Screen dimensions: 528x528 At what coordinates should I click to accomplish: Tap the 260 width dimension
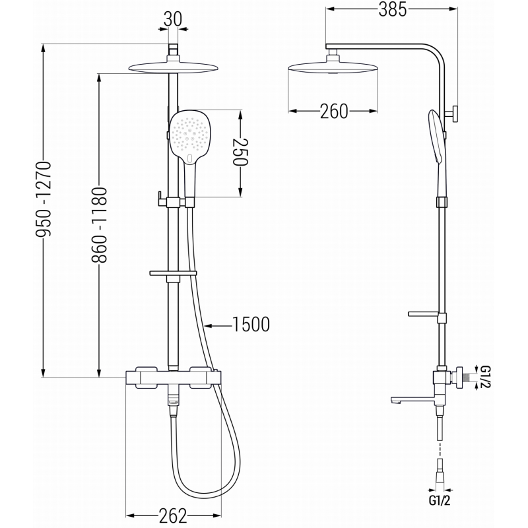click(x=334, y=112)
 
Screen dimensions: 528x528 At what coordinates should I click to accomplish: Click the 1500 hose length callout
click(x=251, y=324)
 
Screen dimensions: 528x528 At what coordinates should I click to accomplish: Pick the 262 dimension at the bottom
click(x=172, y=515)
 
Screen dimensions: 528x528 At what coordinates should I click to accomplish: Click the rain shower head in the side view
click(x=334, y=69)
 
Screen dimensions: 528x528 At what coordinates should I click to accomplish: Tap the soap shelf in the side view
click(x=424, y=313)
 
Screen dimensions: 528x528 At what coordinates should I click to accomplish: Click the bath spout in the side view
click(x=409, y=399)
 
